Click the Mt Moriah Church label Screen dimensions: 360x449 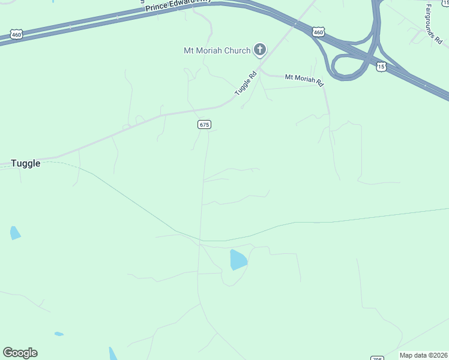[217, 50]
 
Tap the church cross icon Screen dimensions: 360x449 [260, 50]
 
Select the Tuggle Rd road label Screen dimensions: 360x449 [246, 83]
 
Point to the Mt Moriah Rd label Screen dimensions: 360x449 [304, 78]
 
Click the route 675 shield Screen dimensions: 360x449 [204, 124]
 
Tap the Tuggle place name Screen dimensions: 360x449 [26, 163]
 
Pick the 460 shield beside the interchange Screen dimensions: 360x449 [318, 31]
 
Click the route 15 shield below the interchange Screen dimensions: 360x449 [381, 67]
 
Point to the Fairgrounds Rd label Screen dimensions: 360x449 [434, 25]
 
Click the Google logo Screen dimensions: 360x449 [20, 353]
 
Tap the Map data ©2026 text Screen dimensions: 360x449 [424, 355]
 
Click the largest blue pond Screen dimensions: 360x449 [238, 259]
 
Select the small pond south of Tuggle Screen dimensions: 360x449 [15, 233]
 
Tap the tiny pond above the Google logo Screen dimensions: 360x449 [59, 334]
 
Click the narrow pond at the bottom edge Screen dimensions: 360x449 [113, 354]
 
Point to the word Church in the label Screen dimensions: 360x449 [237, 50]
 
